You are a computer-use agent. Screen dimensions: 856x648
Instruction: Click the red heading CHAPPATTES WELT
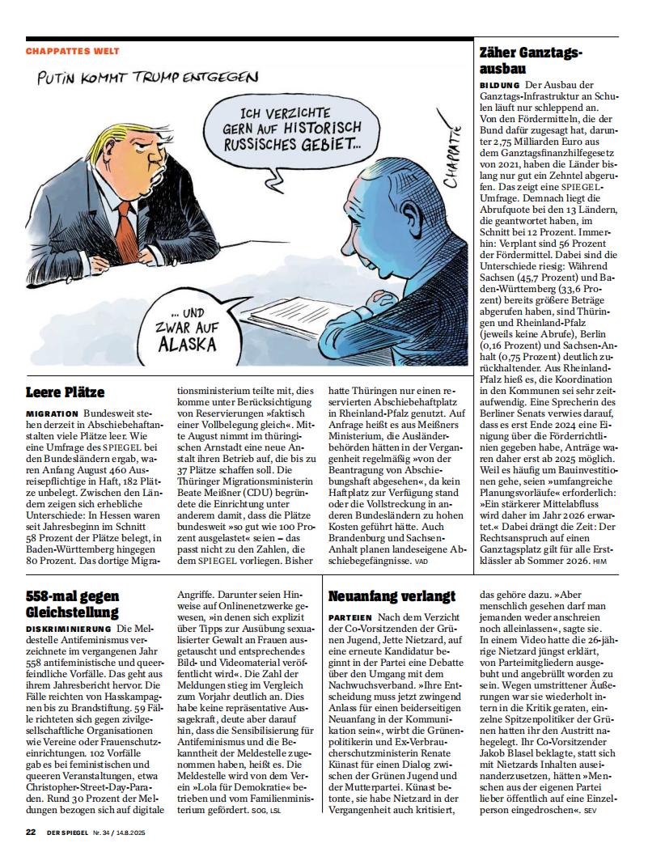72,51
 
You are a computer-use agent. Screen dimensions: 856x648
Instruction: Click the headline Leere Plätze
65,392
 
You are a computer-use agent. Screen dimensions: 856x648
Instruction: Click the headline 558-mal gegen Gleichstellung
72,604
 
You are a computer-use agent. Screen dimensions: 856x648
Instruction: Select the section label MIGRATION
52,413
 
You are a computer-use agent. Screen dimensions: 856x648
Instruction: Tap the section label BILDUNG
500,85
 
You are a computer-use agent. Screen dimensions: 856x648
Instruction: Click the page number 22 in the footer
31,832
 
